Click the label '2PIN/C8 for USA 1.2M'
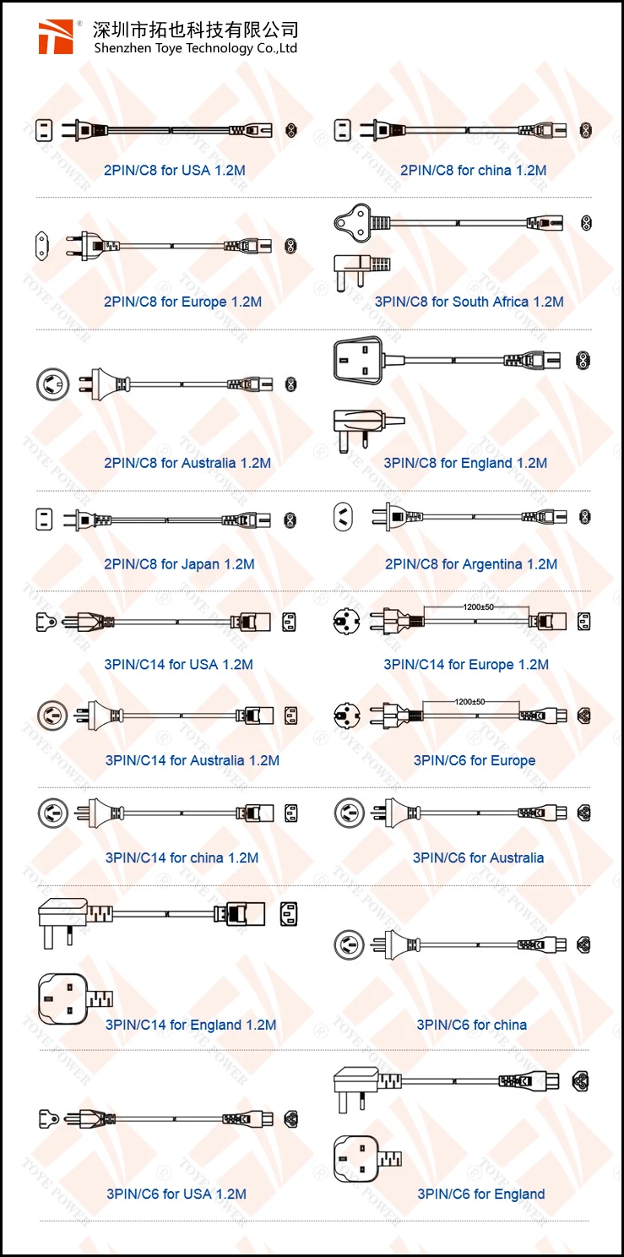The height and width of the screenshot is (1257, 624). (x=175, y=170)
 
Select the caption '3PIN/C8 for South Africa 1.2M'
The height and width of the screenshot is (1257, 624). (x=469, y=302)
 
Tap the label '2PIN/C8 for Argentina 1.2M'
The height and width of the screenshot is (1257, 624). (x=471, y=564)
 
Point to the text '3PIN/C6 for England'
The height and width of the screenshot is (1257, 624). (x=481, y=1194)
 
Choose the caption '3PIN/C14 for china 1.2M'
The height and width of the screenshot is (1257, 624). (x=182, y=857)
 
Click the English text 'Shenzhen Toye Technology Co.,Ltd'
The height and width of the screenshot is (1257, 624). (x=195, y=48)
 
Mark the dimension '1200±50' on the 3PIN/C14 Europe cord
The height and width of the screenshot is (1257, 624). (x=479, y=607)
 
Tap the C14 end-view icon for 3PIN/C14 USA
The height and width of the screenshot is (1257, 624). (x=288, y=621)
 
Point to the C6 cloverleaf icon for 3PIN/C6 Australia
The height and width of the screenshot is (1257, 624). (x=583, y=813)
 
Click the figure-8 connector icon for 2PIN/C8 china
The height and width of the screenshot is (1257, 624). (x=585, y=130)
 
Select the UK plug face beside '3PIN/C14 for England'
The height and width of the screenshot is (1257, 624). (x=63, y=999)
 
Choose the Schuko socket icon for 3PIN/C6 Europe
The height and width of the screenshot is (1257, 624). (x=348, y=716)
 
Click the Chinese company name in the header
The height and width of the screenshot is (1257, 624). (x=195, y=30)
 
